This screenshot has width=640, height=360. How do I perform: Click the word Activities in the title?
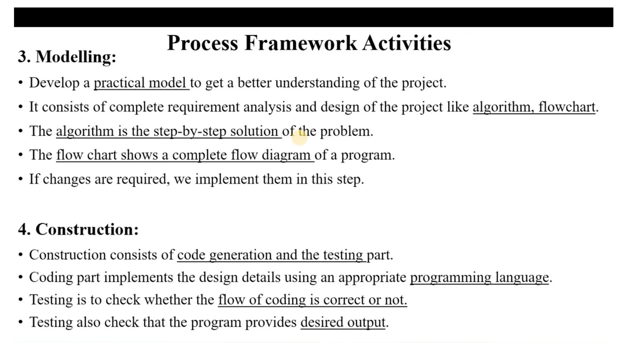(407, 43)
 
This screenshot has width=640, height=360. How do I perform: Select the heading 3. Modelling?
(67, 57)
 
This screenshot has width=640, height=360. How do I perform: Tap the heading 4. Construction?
(78, 229)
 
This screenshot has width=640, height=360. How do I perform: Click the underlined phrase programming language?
(479, 277)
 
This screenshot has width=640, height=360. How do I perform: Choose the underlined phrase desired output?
(343, 322)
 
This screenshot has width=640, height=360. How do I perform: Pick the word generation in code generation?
(240, 255)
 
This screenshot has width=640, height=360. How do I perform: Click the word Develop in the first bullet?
(54, 83)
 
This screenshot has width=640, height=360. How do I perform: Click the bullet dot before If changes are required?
(21, 179)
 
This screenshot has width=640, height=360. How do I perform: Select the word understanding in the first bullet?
(317, 83)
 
